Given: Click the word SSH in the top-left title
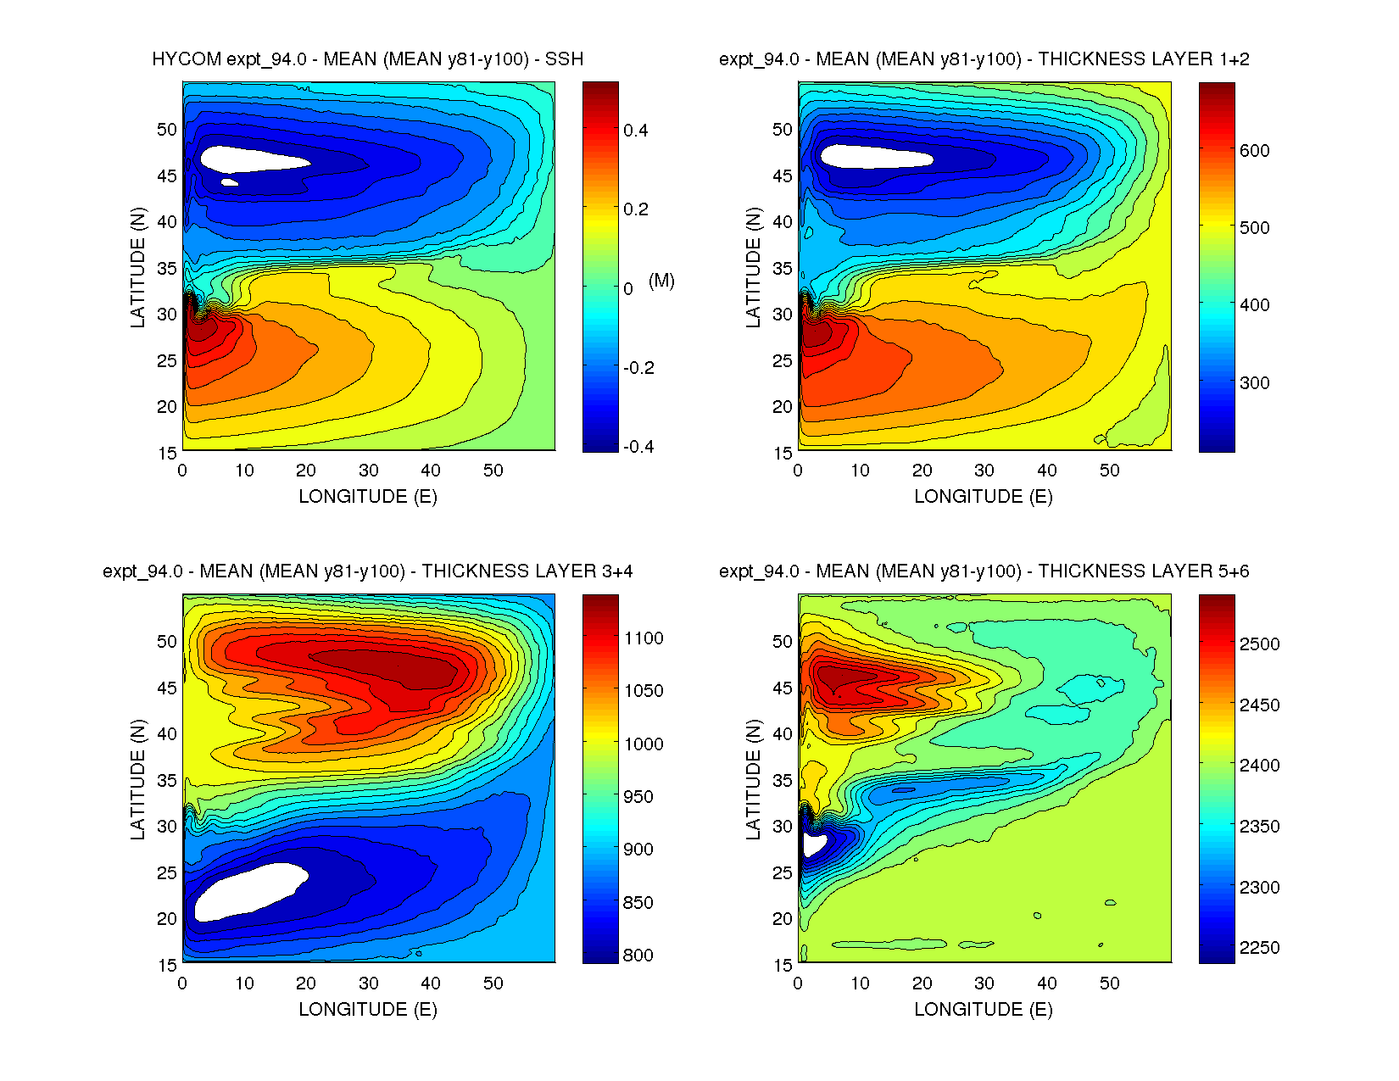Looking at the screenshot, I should pos(564,59).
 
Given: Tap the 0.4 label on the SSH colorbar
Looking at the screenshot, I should pos(635,131).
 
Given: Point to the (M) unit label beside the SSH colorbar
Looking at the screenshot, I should pos(661,281).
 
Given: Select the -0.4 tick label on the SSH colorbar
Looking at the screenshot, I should pos(638,447).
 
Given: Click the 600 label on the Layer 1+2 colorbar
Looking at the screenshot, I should pos(1254,151).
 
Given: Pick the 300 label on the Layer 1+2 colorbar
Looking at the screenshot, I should pos(1254,383).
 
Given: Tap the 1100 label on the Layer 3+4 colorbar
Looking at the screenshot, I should pos(644,638).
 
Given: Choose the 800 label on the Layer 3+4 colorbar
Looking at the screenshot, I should pos(638,956).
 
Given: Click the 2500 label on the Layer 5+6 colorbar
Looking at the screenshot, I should pos(1259,644).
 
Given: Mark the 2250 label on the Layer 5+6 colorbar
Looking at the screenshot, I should pos(1259,948).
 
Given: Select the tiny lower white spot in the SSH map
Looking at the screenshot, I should pos(229,181).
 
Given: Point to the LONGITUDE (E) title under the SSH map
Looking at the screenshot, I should pos(368,497).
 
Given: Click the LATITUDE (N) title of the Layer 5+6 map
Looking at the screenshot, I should pos(753,780).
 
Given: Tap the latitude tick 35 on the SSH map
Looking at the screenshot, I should pos(167,269).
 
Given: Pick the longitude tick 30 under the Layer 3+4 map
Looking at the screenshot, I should pos(368,983).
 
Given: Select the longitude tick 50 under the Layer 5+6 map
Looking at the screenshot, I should pos(1109,983).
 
